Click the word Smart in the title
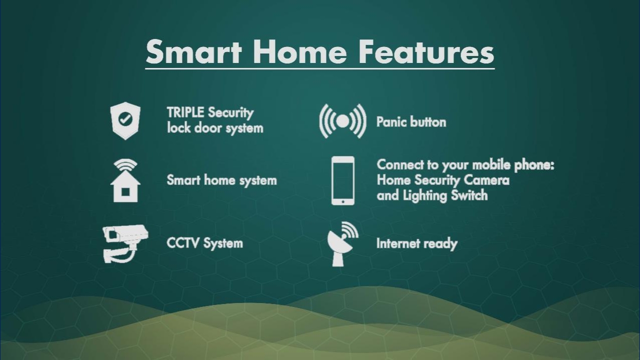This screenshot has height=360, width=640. click(x=193, y=51)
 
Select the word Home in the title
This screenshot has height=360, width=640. click(x=299, y=51)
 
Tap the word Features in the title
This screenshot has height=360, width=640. click(x=426, y=51)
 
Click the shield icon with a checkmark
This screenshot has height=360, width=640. click(x=125, y=120)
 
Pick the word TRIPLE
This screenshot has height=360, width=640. click(x=185, y=112)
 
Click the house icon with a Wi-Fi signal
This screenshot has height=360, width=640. click(x=125, y=180)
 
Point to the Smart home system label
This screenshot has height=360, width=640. click(x=221, y=180)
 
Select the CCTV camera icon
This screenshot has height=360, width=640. click(x=125, y=243)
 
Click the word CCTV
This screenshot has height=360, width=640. click(x=183, y=243)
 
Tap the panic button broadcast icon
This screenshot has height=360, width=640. click(x=342, y=121)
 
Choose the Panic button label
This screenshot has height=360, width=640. click(x=411, y=122)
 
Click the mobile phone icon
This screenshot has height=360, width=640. click(x=343, y=180)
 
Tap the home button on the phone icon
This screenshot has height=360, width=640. click(x=343, y=201)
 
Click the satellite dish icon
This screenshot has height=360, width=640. click(x=342, y=244)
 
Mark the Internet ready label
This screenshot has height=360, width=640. click(x=417, y=243)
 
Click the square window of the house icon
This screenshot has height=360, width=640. click(x=125, y=192)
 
